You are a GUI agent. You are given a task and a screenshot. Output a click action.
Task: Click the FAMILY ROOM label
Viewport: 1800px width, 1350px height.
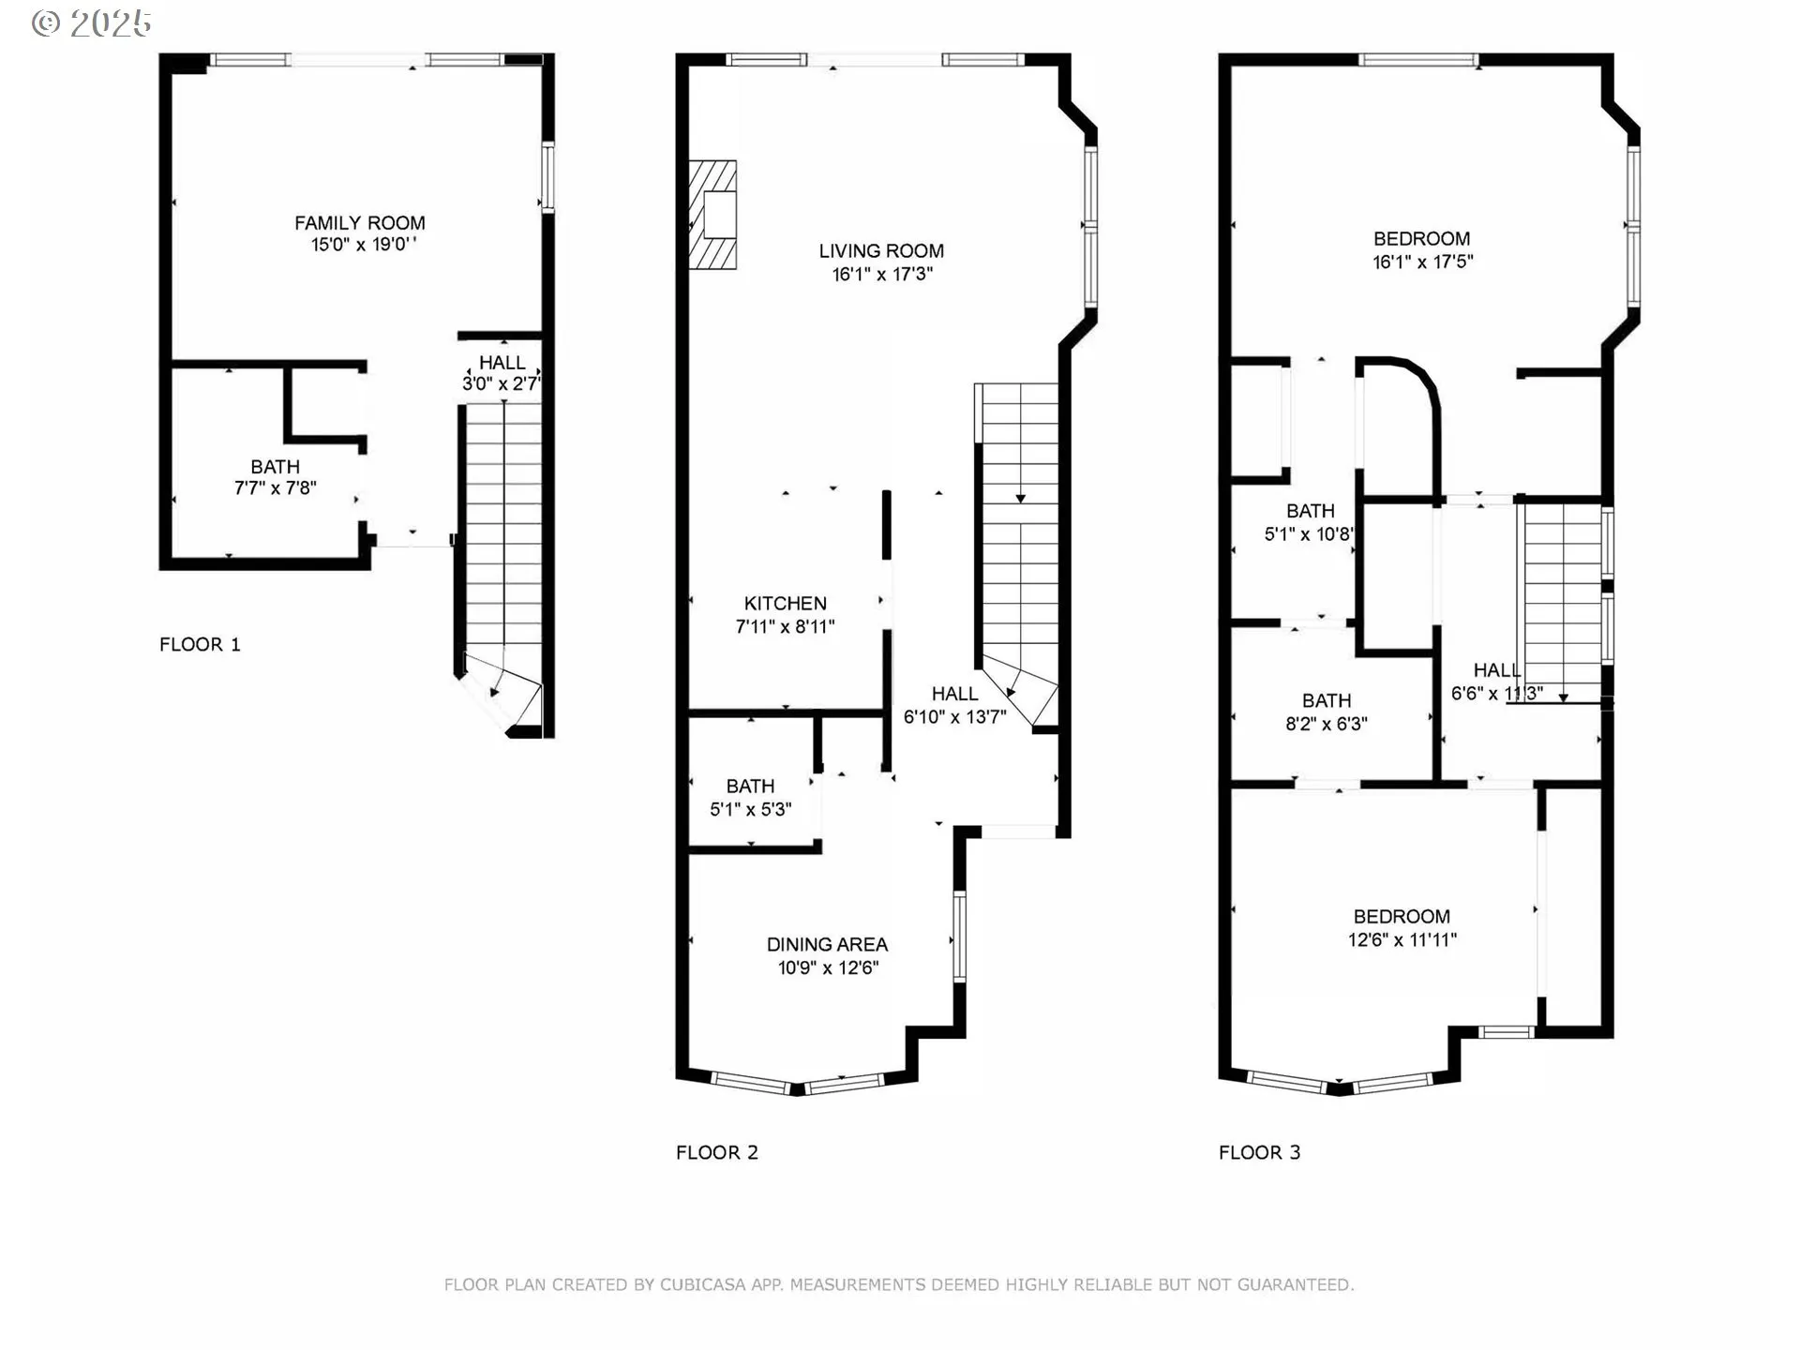tap(360, 223)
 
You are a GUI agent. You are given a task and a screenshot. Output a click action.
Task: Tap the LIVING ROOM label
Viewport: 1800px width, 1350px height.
tap(881, 251)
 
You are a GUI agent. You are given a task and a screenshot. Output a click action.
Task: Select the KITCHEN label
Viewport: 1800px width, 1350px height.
tap(786, 604)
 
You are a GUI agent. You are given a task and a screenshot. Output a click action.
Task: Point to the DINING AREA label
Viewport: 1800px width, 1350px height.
tap(827, 945)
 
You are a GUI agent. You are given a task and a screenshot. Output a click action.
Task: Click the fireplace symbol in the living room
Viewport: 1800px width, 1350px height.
tap(712, 215)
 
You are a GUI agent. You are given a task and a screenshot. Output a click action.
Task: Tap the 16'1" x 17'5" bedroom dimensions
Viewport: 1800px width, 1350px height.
tap(1423, 262)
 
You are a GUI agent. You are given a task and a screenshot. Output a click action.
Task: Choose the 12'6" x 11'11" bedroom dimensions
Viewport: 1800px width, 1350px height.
tap(1402, 940)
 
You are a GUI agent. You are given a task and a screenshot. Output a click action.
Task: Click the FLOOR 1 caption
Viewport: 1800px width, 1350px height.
tap(200, 645)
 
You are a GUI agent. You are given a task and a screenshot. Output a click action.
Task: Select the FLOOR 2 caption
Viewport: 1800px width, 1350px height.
tap(717, 1153)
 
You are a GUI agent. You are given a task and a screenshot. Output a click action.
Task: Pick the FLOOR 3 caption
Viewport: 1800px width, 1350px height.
tap(1260, 1153)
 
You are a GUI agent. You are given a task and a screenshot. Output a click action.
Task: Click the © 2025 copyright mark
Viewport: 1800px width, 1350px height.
tap(91, 23)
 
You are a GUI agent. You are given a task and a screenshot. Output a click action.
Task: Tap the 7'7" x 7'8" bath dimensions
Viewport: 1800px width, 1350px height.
tap(276, 488)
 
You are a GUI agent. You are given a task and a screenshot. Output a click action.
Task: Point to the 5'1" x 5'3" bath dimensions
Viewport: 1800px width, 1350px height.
tap(751, 810)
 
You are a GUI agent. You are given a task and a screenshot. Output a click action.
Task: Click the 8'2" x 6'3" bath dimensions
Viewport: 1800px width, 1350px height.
tap(1327, 724)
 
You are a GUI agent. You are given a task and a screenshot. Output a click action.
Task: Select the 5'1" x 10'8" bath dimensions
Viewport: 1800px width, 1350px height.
tap(1310, 534)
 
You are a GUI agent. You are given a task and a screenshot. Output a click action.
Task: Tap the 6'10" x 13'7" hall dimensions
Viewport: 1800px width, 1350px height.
tap(955, 717)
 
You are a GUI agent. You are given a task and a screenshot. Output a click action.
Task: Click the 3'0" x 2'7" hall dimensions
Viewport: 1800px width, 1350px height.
tap(502, 383)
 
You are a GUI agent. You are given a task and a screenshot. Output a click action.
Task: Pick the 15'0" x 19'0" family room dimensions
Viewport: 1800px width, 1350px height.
tap(364, 245)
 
